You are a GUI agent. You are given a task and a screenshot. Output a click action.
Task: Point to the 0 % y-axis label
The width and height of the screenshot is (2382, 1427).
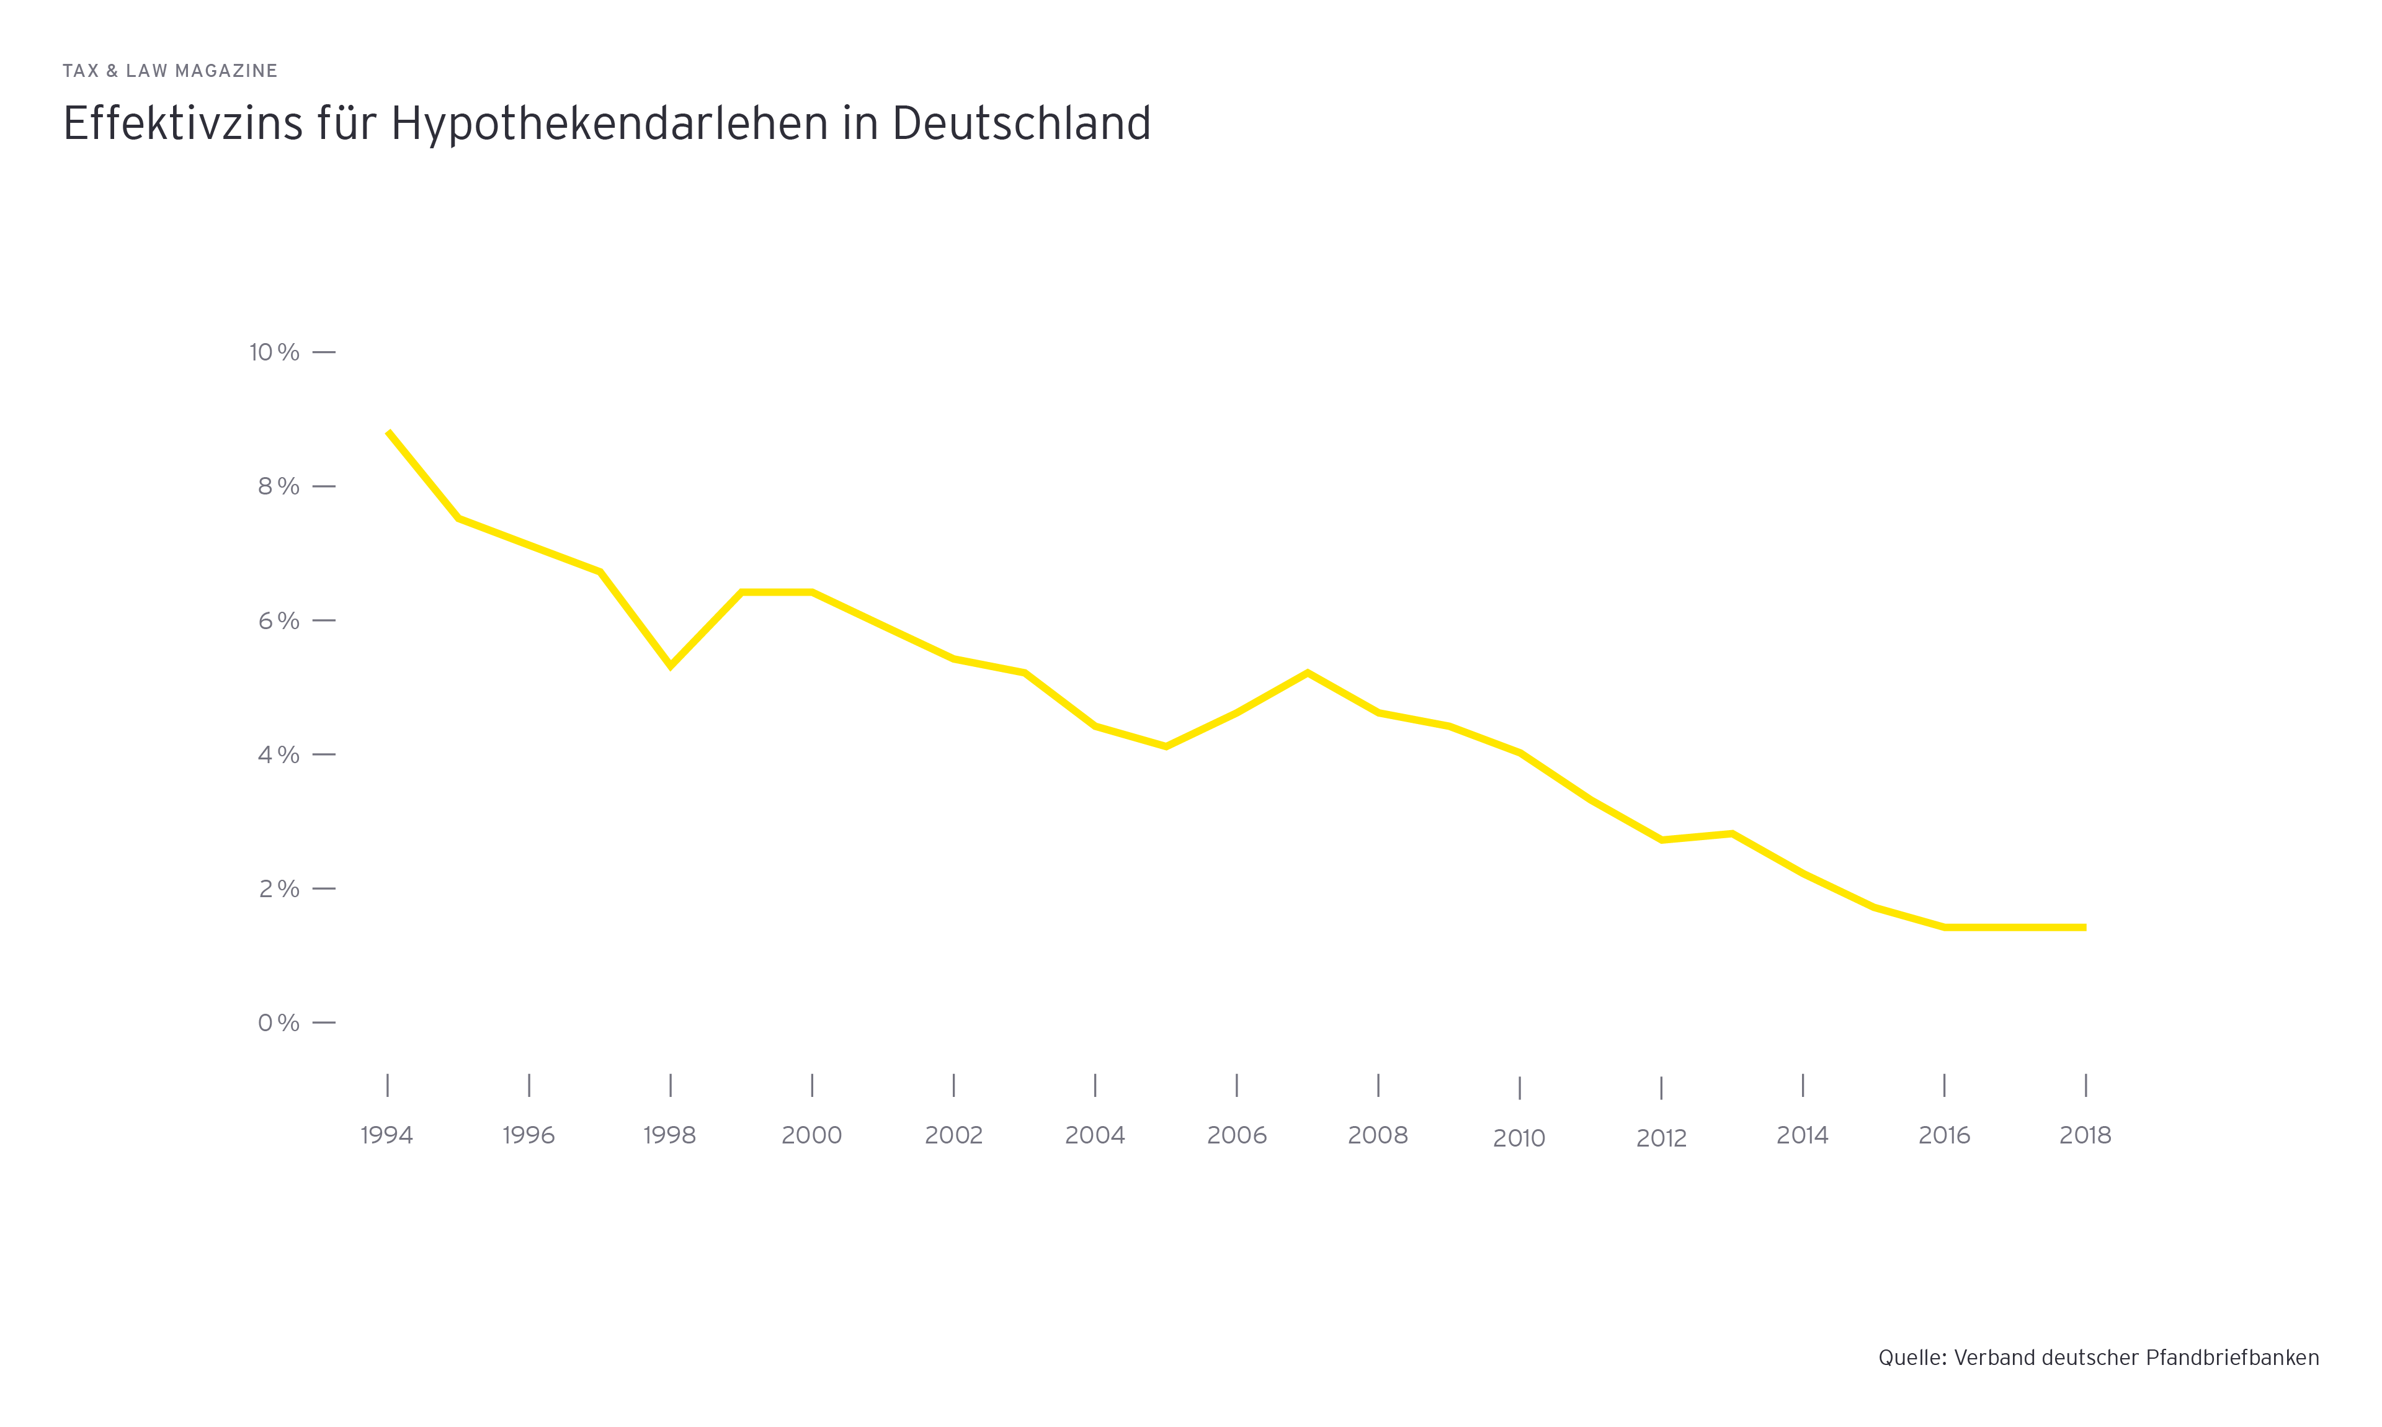tap(278, 1023)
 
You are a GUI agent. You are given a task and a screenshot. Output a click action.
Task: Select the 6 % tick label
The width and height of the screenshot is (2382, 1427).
tap(278, 621)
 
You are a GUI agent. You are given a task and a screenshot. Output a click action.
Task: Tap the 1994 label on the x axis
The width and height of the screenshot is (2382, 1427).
tap(386, 1135)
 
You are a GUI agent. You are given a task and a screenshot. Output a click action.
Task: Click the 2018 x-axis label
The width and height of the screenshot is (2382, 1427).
tap(2085, 1135)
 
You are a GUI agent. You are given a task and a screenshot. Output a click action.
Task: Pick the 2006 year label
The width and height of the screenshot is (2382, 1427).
tap(1236, 1135)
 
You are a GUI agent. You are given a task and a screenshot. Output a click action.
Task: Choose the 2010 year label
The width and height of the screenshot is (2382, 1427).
tap(1519, 1138)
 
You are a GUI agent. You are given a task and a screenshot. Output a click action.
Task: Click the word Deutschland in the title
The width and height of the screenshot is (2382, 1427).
tap(1021, 124)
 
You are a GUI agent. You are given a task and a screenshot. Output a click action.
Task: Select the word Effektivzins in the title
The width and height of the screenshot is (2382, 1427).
tap(182, 124)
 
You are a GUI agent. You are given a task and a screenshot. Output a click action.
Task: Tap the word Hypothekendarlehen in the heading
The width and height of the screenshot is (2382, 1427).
tap(609, 124)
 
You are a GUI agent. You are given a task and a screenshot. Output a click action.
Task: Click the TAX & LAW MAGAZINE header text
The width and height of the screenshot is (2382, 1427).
tap(170, 71)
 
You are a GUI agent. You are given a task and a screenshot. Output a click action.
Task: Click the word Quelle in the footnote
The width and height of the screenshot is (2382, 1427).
tap(1911, 1358)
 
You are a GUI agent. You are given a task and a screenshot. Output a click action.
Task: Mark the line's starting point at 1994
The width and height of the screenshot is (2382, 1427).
tap(388, 432)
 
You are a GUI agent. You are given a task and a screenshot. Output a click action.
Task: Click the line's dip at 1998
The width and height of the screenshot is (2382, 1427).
tap(670, 666)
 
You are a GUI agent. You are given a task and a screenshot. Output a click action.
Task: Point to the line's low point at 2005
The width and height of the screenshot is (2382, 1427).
tap(1166, 746)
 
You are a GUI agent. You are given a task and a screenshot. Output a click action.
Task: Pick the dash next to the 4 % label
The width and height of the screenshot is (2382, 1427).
tap(324, 755)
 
